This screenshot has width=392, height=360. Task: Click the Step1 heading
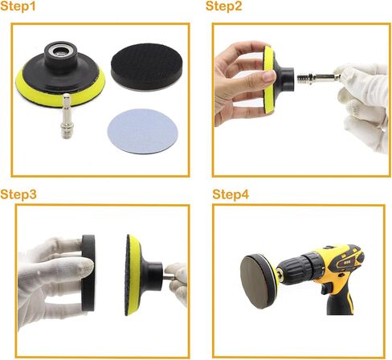click(18, 6)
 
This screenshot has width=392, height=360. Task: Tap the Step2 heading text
click(224, 6)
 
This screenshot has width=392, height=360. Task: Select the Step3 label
click(18, 194)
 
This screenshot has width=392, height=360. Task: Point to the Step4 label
click(231, 194)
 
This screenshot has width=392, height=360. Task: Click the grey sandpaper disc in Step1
click(143, 131)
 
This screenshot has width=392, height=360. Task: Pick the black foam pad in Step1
click(147, 67)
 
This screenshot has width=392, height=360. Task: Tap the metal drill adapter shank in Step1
click(66, 116)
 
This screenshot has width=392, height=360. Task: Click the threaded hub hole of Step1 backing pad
click(61, 51)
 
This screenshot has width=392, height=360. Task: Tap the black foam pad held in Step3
click(88, 272)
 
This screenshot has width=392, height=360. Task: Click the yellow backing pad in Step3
click(134, 275)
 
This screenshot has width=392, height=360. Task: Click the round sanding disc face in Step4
click(255, 281)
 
